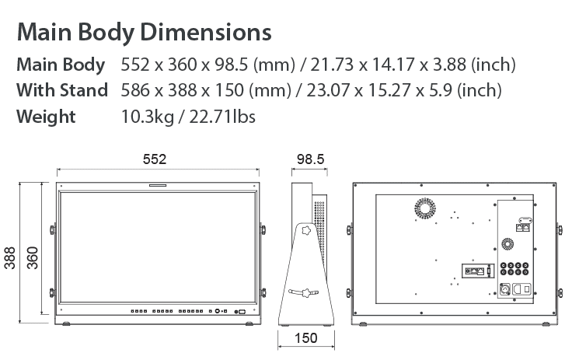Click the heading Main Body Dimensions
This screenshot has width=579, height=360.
(x=144, y=32)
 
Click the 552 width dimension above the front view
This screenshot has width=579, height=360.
(x=155, y=159)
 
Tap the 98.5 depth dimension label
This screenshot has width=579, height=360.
(x=310, y=159)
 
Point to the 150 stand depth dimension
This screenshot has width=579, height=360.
(x=305, y=337)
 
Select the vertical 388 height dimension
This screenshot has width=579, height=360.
(x=9, y=257)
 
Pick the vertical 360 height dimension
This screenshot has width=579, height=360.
(x=33, y=257)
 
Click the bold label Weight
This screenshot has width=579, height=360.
(x=46, y=117)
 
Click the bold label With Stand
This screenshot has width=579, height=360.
(x=62, y=90)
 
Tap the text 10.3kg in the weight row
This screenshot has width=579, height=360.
(x=148, y=117)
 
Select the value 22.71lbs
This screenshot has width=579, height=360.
(x=222, y=117)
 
